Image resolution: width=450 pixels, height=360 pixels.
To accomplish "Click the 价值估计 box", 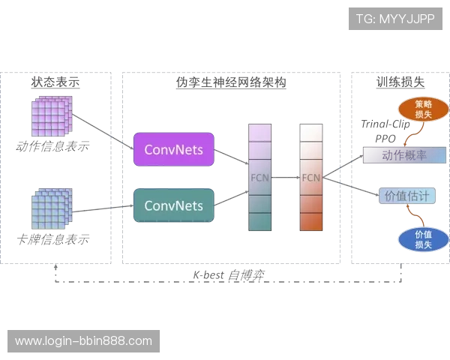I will [406, 196].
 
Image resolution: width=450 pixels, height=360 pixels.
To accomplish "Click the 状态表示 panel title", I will [56, 81].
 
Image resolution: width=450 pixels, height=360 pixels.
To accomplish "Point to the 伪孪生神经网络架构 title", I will [230, 82].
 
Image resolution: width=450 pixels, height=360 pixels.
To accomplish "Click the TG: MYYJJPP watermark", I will [396, 19].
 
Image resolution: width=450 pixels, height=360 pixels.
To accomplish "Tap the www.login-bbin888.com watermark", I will [83, 341].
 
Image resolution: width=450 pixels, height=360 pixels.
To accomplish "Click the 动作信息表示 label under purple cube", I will [51, 145].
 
